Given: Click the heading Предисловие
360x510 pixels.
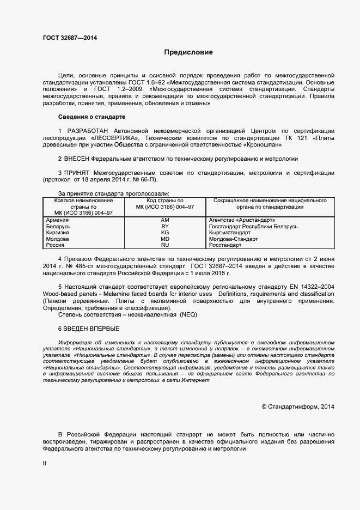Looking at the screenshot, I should [x=188, y=53].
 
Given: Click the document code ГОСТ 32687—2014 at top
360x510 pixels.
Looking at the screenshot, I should [x=70, y=38].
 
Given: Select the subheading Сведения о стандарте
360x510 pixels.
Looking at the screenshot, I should [x=91, y=117].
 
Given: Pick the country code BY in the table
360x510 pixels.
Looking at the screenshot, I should [x=166, y=226].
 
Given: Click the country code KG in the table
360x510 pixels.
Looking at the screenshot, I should [x=166, y=233].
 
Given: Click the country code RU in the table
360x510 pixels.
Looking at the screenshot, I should [x=166, y=246].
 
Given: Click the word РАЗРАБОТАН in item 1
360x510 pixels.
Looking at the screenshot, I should [x=86, y=131].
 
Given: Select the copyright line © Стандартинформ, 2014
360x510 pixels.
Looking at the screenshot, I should [x=298, y=406].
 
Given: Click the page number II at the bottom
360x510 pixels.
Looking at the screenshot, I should [x=45, y=463].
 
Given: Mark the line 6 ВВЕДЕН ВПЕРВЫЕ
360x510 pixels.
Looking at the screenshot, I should [x=88, y=329].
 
